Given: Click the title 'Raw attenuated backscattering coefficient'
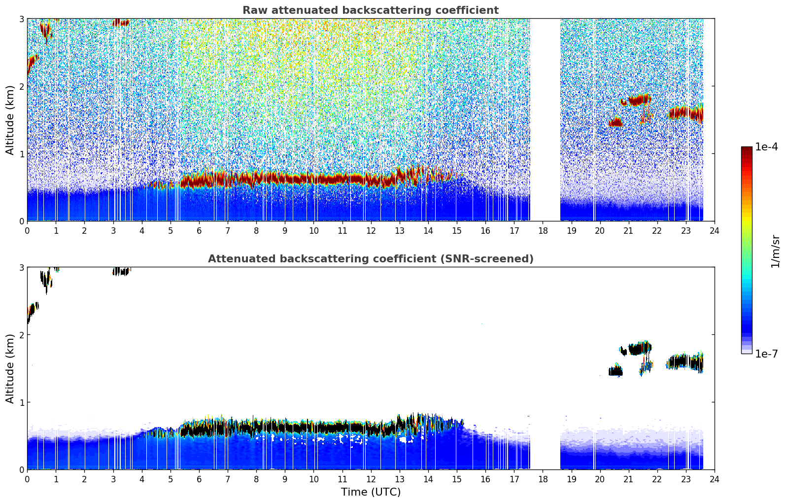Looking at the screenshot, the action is pos(371,10).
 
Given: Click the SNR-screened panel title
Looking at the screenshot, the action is pos(371,258).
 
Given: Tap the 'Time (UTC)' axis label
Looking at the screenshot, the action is pos(371,492).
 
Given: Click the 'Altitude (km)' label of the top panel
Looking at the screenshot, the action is pos(9,120).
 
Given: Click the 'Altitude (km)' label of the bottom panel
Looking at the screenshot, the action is pos(9,368).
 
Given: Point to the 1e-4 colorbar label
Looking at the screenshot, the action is pos(767,146).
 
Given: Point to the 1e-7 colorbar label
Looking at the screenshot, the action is pos(767,354).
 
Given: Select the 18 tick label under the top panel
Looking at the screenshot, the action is pos(543,231).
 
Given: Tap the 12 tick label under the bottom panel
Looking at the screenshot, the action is pos(371,479).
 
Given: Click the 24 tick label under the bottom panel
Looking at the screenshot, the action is pos(715,479).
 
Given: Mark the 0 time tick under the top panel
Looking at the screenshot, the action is pos(28,231).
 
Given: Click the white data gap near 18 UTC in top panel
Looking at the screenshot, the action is pos(545,120).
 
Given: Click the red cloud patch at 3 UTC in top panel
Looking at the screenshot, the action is pos(121,23).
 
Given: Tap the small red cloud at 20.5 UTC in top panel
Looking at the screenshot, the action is pos(615,122).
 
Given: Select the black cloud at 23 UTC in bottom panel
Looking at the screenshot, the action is pos(685,362).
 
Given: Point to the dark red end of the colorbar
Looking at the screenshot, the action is pos(747,149).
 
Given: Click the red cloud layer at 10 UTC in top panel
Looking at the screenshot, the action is pos(314,180).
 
